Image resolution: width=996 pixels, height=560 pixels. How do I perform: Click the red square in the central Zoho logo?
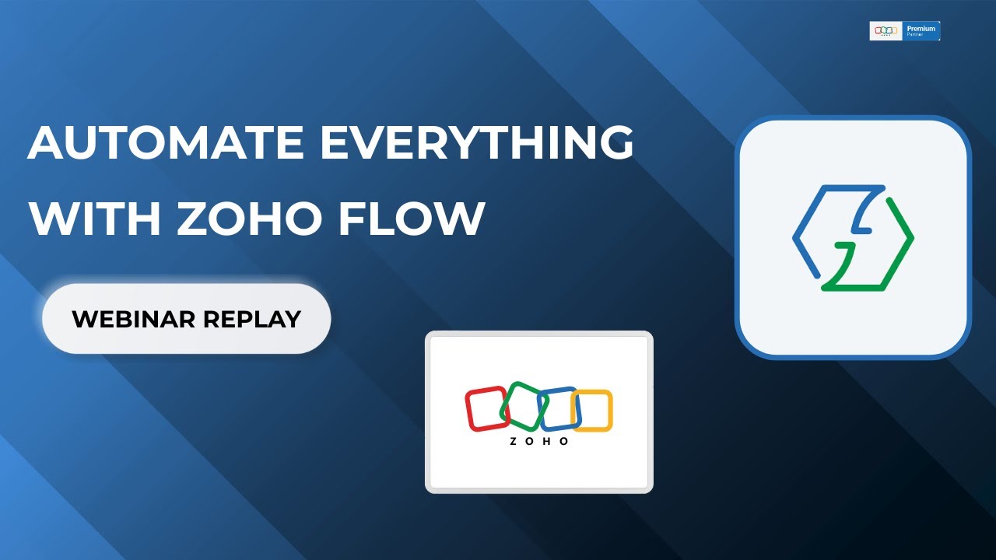pyautogui.click(x=486, y=409)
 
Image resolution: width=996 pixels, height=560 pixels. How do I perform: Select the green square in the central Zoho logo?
pyautogui.click(x=524, y=405)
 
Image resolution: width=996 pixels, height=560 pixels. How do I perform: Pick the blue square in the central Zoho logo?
pyautogui.click(x=559, y=408)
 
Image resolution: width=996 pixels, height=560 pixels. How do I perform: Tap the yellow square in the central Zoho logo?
pyautogui.click(x=593, y=411)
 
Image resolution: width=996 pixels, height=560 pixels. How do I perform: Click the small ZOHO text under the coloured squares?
pyautogui.click(x=539, y=442)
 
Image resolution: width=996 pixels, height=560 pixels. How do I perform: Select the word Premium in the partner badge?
pyautogui.click(x=921, y=28)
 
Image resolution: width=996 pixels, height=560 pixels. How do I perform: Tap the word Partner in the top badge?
pyautogui.click(x=915, y=35)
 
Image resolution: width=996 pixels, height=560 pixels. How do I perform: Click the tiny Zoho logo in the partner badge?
pyautogui.click(x=886, y=30)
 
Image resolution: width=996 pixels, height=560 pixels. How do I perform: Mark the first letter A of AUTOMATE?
pyautogui.click(x=46, y=143)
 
